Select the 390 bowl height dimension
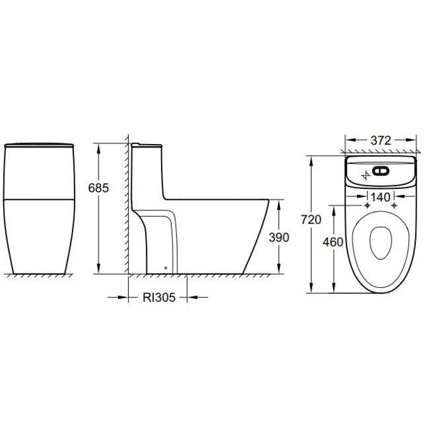[x=279, y=237]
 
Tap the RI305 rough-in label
[x=159, y=298]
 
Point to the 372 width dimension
[x=381, y=140]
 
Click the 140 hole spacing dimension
[x=380, y=196]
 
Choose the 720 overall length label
[x=311, y=220]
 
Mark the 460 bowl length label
[x=333, y=242]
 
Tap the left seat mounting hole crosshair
[x=367, y=205]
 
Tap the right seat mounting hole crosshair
[x=393, y=205]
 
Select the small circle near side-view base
[x=166, y=268]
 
